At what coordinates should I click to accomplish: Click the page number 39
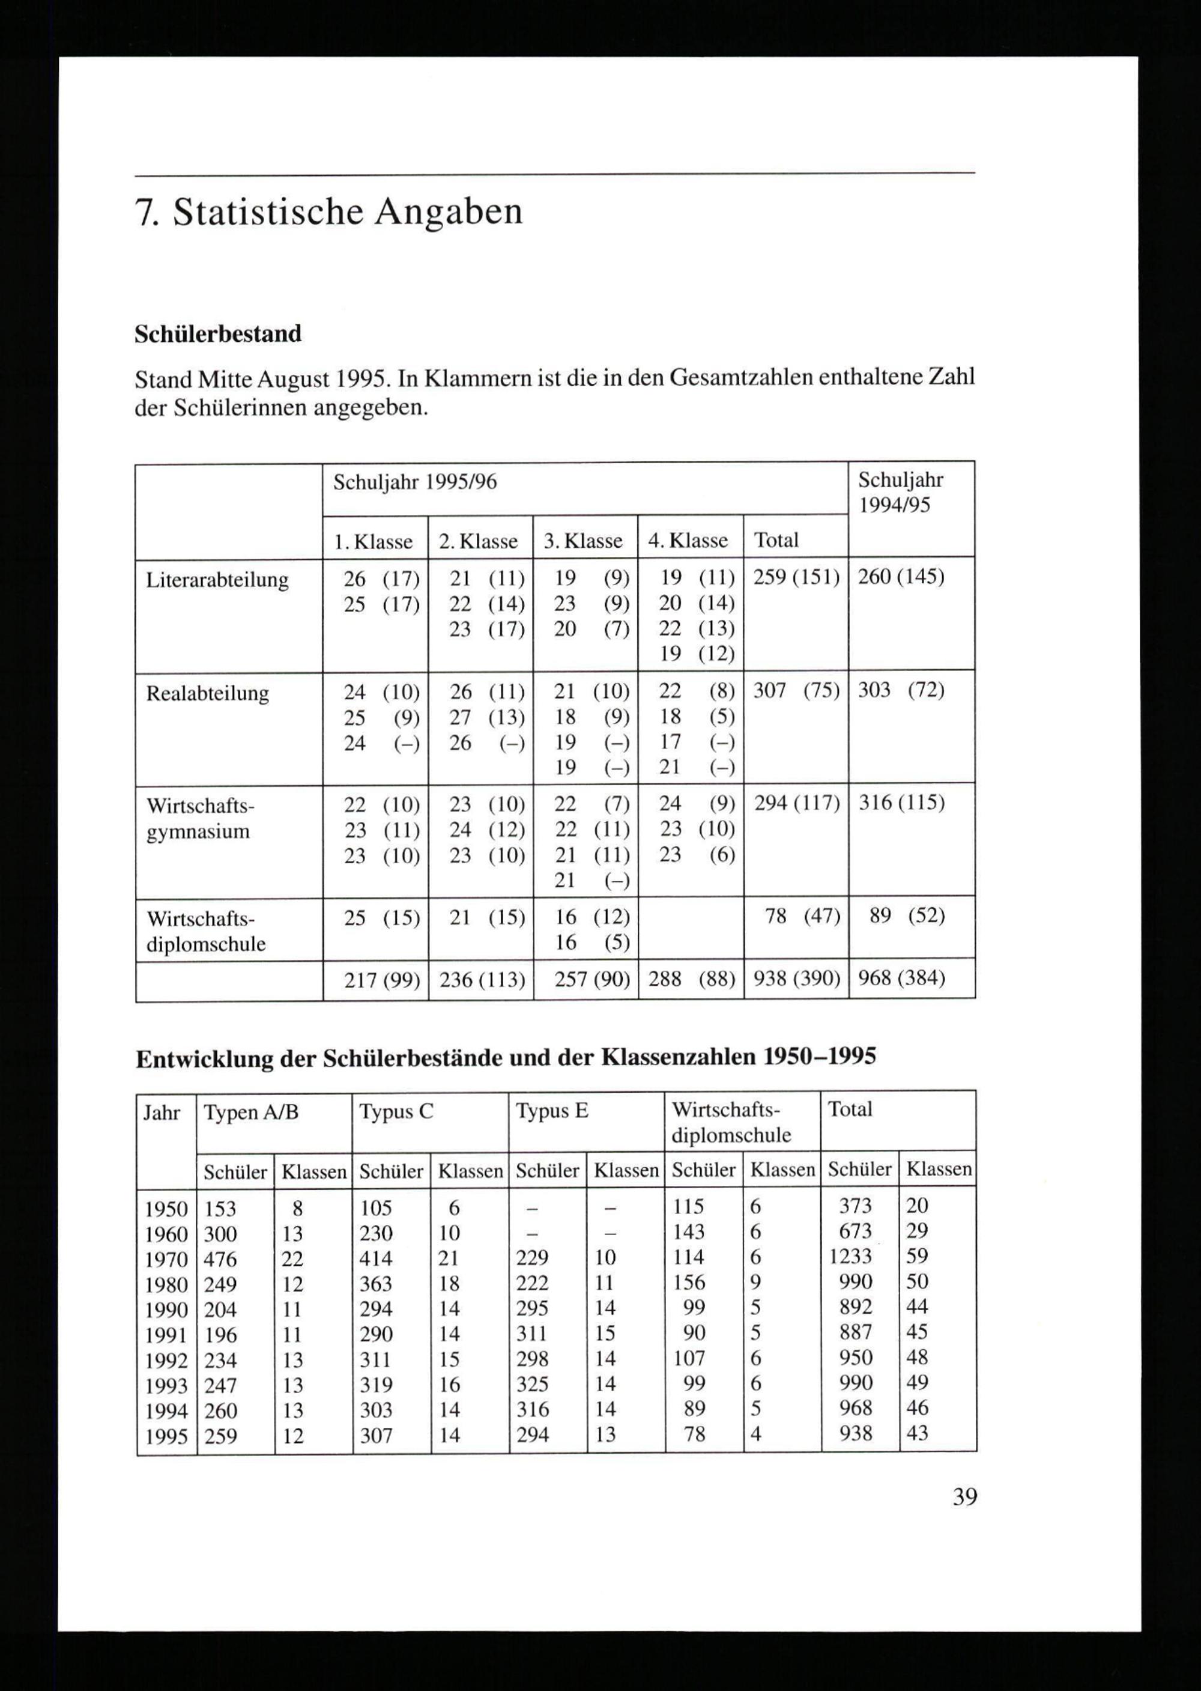click(964, 1496)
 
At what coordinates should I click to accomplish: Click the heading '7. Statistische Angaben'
click(329, 212)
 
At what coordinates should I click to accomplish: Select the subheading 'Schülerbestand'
click(218, 335)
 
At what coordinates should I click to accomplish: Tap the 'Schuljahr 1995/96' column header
click(415, 483)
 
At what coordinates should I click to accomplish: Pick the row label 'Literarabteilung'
click(217, 580)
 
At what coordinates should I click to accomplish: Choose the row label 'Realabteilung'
click(208, 693)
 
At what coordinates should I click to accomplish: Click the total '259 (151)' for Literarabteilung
click(796, 577)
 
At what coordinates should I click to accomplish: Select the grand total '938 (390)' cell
click(796, 979)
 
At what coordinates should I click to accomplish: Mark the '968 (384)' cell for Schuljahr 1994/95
click(901, 979)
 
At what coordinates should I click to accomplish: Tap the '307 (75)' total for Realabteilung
click(796, 690)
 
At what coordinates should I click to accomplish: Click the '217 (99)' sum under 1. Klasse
click(381, 980)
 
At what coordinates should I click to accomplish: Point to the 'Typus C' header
click(396, 1112)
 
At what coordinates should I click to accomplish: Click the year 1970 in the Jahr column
click(166, 1259)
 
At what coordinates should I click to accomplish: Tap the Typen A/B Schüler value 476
click(220, 1258)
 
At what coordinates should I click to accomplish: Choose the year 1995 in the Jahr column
click(166, 1436)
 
